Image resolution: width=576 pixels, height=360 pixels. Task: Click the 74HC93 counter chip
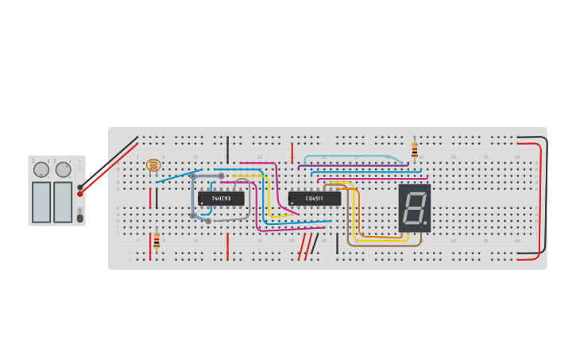point(221,198)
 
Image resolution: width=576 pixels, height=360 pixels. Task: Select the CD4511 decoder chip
point(314,198)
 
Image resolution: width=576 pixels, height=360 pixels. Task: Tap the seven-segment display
point(414,208)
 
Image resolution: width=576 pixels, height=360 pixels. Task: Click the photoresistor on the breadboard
point(153,165)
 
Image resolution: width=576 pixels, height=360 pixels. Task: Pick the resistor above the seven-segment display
point(414,150)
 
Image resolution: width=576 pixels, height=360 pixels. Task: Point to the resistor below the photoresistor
point(157,240)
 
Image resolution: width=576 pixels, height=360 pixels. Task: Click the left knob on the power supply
point(41,169)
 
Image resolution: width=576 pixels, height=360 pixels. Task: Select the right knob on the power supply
point(63,169)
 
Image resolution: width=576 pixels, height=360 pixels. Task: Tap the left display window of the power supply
point(41,202)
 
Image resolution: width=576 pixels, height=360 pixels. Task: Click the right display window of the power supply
point(63,202)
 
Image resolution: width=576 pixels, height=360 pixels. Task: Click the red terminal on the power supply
point(79,194)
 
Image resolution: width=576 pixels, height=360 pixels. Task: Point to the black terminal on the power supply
point(79,187)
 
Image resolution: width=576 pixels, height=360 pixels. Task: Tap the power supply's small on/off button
point(79,218)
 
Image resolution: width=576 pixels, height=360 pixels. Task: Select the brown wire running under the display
point(381,245)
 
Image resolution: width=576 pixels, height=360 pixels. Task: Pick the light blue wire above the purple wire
point(350,157)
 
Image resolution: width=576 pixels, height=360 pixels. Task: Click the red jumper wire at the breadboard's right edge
point(542,199)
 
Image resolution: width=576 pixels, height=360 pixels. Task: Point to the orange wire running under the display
point(373,236)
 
